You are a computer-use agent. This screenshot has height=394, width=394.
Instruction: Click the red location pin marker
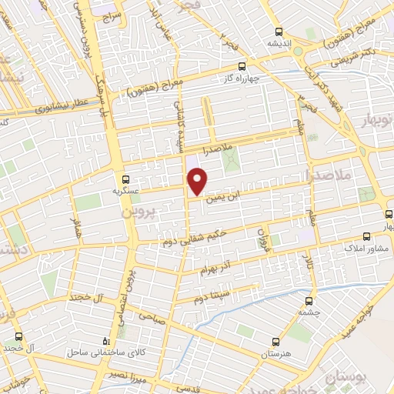pyautogui.click(x=198, y=181)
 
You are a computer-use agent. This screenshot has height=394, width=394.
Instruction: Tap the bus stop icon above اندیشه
pyautogui.click(x=279, y=32)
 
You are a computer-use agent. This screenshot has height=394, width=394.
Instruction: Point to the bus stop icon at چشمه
pyautogui.click(x=309, y=301)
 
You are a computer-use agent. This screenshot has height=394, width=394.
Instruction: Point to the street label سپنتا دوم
pyautogui.click(x=210, y=295)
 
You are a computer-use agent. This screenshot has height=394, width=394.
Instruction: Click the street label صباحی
pyautogui.click(x=152, y=316)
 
